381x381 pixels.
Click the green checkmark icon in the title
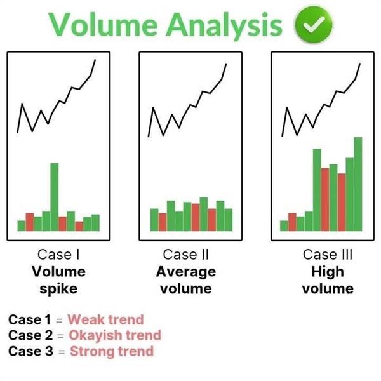(314, 24)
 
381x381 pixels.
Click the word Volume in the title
(104, 25)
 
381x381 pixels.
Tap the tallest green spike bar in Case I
(55, 197)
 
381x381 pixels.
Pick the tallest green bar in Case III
(358, 184)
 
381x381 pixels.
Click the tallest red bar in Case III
(325, 199)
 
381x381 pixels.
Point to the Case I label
(58, 255)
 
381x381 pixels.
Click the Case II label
(186, 255)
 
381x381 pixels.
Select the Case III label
(328, 255)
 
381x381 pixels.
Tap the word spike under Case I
(58, 289)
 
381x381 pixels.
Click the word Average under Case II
(186, 272)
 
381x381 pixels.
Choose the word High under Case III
(328, 272)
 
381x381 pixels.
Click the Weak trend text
(105, 319)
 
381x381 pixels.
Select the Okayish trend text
(115, 335)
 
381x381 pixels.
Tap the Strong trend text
(112, 351)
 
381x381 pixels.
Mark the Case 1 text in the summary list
(29, 319)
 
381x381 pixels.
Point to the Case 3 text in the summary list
(30, 351)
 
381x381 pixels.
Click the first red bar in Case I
(30, 222)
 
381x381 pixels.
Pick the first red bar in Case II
(163, 222)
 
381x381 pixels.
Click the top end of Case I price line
(95, 60)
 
